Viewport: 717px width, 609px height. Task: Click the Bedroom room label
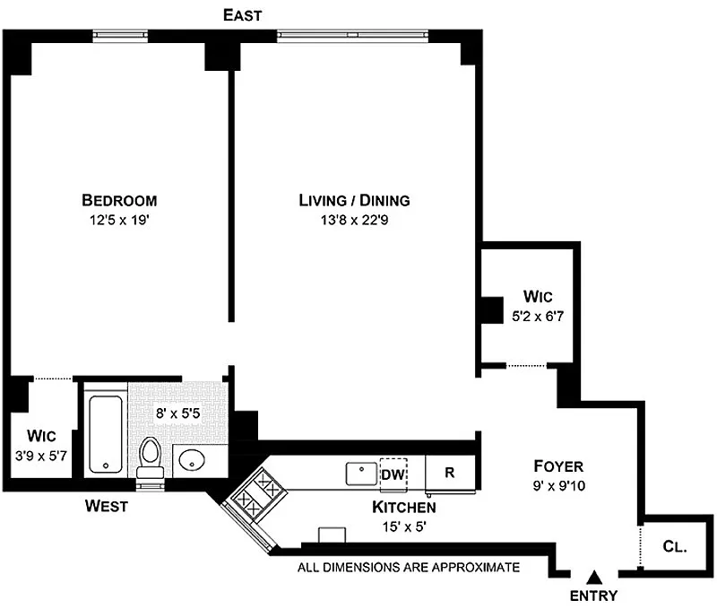(x=119, y=200)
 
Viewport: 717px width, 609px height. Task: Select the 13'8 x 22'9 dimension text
(x=354, y=220)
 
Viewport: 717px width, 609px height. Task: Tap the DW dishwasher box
(x=393, y=474)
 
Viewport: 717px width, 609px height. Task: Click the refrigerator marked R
(x=451, y=473)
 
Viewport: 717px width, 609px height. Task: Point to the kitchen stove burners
(x=257, y=495)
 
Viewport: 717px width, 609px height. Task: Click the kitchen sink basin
(x=361, y=474)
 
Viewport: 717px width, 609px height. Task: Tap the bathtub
(x=106, y=434)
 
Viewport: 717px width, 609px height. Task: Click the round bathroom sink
(x=191, y=460)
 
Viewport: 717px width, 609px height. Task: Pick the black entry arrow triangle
(x=594, y=578)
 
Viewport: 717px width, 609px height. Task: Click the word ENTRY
(x=593, y=596)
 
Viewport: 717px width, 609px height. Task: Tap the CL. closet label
(x=675, y=546)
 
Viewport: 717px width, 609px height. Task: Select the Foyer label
(x=558, y=466)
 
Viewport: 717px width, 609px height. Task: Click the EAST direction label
(x=242, y=15)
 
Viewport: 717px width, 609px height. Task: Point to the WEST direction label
(x=107, y=506)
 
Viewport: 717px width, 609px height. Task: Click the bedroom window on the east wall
(x=120, y=36)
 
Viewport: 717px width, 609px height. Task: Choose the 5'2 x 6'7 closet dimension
(x=538, y=317)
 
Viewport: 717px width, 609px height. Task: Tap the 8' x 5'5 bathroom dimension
(x=177, y=413)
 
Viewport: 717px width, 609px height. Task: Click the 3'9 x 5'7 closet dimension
(x=41, y=456)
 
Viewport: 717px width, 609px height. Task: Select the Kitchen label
(x=404, y=507)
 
